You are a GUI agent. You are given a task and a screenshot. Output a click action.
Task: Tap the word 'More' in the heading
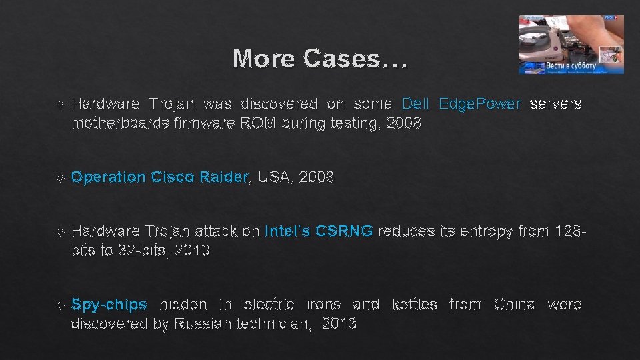[x=264, y=59]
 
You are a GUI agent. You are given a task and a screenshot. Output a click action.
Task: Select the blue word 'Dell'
[x=416, y=104]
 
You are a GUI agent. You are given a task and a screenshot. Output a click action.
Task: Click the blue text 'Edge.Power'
[x=479, y=104]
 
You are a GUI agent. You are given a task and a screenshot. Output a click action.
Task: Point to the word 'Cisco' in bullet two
[x=173, y=177]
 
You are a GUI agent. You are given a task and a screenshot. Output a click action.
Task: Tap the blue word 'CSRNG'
[x=344, y=231]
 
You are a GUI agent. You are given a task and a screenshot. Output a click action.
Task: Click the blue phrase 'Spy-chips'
[x=109, y=305]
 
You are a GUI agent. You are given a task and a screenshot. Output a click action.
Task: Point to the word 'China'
[x=514, y=305]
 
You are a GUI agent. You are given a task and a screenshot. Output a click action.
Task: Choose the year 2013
[x=339, y=324]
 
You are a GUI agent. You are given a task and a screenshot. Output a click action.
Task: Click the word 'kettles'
[x=415, y=305]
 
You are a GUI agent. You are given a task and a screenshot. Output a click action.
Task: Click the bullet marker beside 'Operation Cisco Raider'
[x=60, y=178]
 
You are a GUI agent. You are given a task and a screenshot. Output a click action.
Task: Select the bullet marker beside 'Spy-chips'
[x=60, y=305]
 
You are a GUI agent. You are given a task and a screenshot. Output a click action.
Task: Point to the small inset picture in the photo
[x=610, y=55]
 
